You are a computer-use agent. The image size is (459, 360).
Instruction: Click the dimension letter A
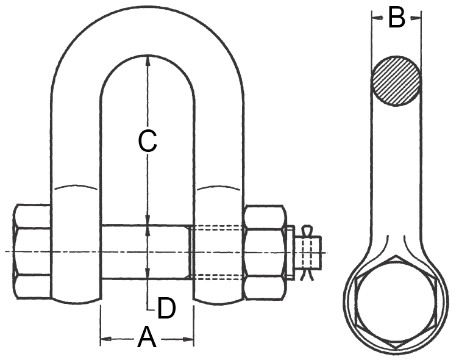point(147,337)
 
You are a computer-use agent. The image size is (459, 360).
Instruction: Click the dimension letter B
point(396,18)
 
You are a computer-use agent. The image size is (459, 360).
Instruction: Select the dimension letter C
point(148,141)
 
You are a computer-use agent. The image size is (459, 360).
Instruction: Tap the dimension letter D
point(165,308)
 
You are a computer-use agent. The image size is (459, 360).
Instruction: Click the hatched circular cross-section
point(396,81)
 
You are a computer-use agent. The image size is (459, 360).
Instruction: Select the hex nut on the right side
point(265,251)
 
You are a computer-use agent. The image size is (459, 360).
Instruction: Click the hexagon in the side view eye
point(396,303)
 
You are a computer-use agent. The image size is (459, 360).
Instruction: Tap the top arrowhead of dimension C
point(148,59)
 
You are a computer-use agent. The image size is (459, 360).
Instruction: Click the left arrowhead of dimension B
point(376,18)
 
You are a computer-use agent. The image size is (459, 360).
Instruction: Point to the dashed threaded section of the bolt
point(218,252)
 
